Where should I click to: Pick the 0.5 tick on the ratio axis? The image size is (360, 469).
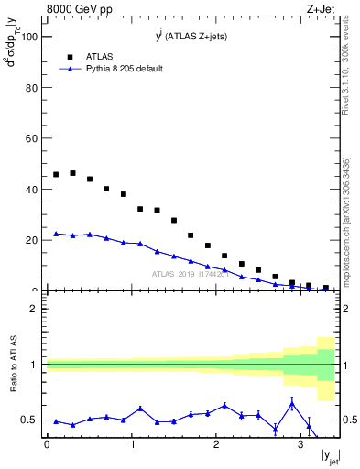30,420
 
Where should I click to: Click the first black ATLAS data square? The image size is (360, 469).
56,174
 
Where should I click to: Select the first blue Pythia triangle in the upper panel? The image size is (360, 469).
56,234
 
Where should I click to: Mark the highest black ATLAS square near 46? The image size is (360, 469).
73,173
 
